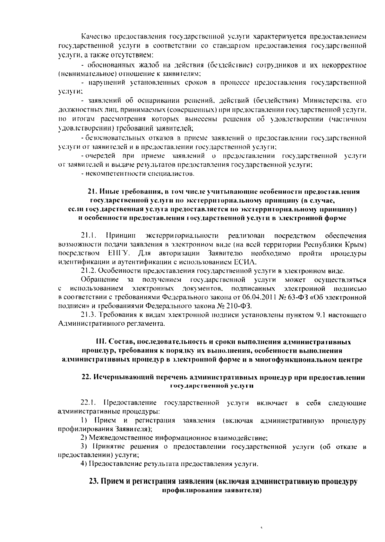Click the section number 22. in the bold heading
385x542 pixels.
[88, 377]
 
